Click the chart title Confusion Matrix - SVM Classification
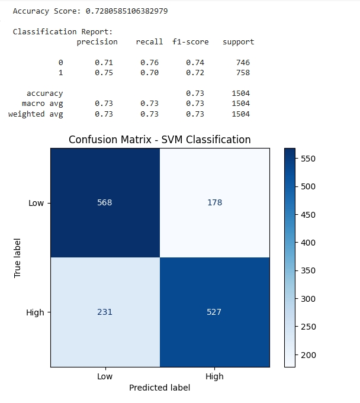click(159, 140)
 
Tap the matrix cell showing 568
click(105, 202)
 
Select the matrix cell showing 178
click(214, 202)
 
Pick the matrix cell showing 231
click(105, 312)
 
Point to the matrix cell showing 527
click(214, 312)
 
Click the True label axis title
click(18, 257)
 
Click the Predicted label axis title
click(160, 388)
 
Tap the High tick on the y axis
click(36, 312)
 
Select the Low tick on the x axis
click(105, 376)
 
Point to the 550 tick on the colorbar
click(308, 159)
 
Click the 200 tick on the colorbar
click(308, 355)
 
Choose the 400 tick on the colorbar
click(308, 243)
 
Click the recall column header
click(149, 42)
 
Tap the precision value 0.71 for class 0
click(104, 63)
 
